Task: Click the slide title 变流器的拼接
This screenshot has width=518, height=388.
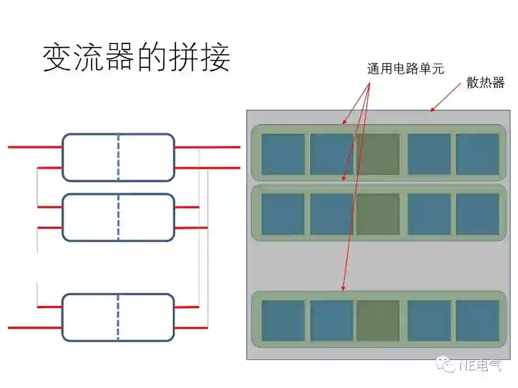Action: click(137, 59)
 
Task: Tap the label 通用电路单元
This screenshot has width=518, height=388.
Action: click(405, 69)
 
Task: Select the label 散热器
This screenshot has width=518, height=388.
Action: click(485, 83)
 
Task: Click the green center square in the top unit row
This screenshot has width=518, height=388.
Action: click(378, 154)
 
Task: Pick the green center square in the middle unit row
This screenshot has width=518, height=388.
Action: click(378, 214)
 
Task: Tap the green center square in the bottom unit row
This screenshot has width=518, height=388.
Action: click(378, 320)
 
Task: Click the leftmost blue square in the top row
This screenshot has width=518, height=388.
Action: click(283, 154)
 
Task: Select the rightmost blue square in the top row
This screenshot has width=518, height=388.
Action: click(477, 154)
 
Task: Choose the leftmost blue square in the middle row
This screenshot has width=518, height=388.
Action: click(283, 214)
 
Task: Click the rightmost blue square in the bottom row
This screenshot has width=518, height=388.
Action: click(477, 320)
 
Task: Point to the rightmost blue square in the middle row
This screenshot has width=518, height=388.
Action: click(477, 214)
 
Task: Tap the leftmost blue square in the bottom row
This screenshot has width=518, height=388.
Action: click(283, 320)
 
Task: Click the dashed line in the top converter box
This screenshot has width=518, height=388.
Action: click(118, 157)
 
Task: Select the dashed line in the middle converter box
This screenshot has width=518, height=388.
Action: click(118, 217)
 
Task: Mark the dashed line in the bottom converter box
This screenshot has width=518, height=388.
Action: click(118, 317)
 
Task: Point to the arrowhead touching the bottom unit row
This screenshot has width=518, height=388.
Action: click(343, 288)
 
